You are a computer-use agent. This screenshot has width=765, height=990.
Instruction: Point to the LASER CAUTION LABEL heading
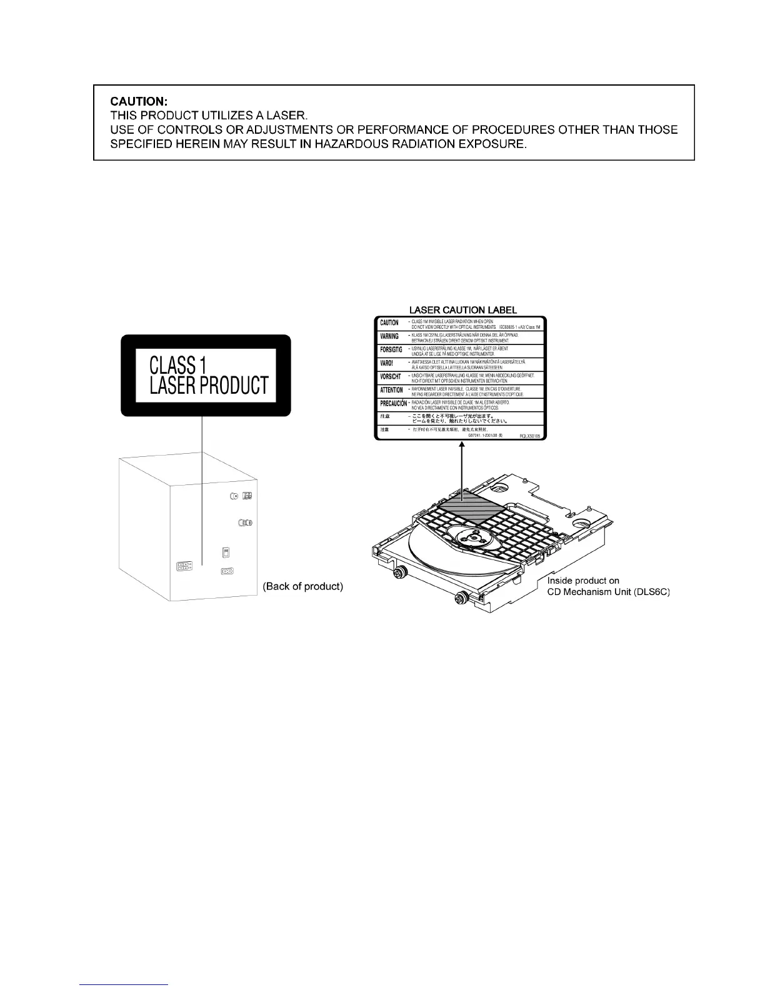pyautogui.click(x=462, y=309)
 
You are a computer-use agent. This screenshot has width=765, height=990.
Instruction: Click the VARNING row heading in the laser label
pyautogui.click(x=389, y=336)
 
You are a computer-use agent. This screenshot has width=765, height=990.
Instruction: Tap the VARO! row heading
pyautogui.click(x=387, y=363)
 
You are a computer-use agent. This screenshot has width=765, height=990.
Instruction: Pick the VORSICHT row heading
pyautogui.click(x=391, y=377)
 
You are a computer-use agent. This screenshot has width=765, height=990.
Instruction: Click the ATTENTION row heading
pyautogui.click(x=391, y=390)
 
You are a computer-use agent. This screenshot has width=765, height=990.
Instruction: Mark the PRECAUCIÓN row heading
pyautogui.click(x=392, y=404)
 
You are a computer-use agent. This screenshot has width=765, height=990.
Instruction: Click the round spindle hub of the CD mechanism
pyautogui.click(x=475, y=536)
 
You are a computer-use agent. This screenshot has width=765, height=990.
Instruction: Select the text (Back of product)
pyautogui.click(x=303, y=587)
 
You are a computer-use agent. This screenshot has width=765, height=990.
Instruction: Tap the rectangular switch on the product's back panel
pyautogui.click(x=225, y=552)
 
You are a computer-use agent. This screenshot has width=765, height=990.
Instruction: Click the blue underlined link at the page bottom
pyautogui.click(x=124, y=984)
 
